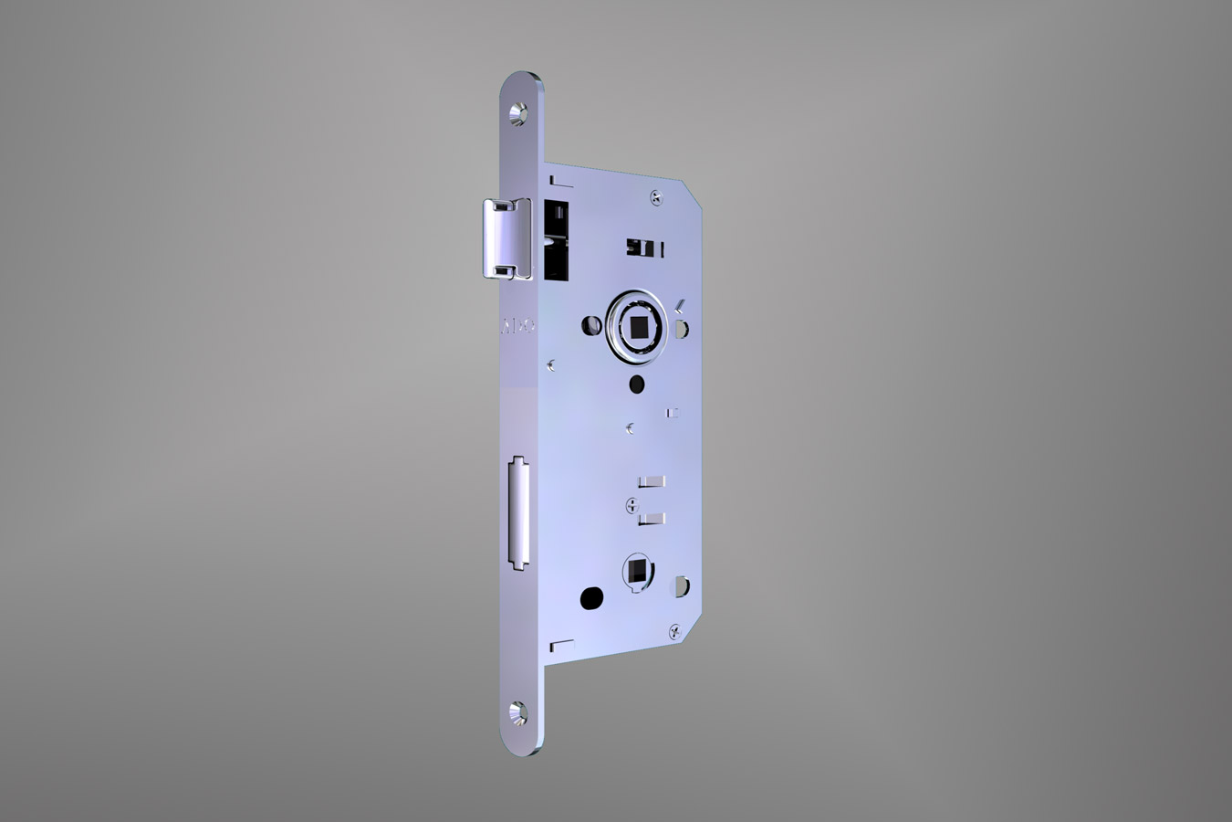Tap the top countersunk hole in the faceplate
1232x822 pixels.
point(519,112)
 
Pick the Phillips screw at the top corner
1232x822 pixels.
point(656,195)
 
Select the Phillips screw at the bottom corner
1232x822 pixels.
point(674,628)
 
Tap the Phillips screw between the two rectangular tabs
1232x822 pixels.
point(632,504)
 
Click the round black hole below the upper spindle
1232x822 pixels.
point(637,382)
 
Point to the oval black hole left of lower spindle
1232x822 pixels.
point(591,599)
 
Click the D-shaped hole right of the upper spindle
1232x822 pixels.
point(683,326)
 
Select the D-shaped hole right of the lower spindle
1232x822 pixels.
point(681,582)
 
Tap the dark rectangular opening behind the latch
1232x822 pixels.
point(555,239)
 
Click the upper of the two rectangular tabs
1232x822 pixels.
point(652,480)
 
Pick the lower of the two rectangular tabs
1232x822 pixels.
point(652,519)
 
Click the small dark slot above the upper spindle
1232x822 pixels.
point(642,248)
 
